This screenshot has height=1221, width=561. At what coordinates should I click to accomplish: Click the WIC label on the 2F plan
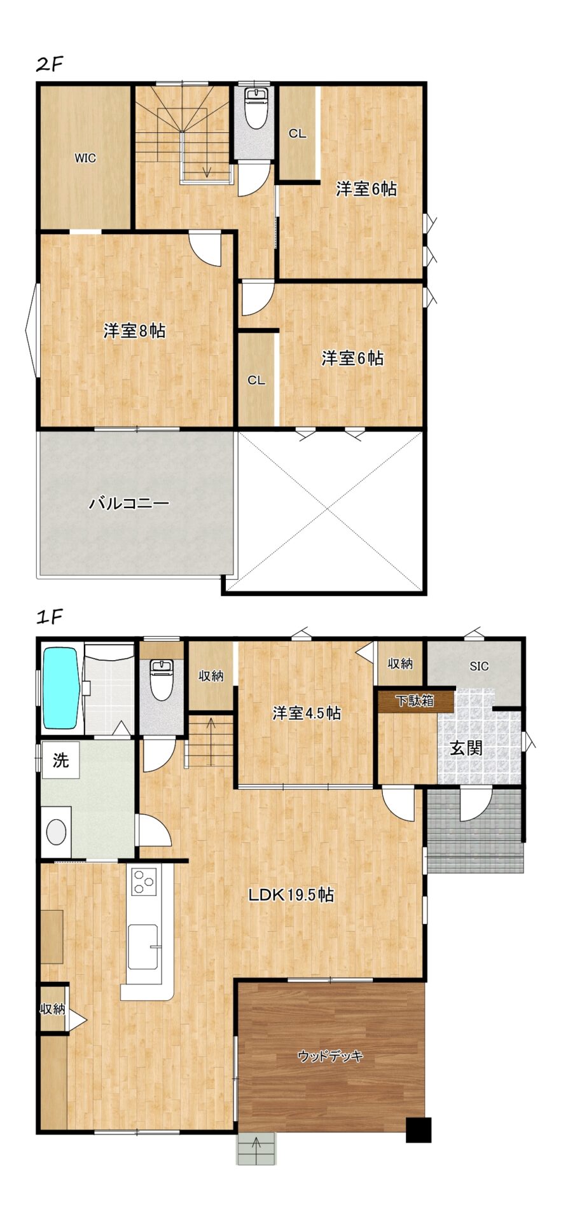(x=85, y=158)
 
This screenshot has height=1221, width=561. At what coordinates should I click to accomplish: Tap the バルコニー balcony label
(x=129, y=504)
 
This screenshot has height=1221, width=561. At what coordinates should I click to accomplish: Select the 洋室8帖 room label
(x=134, y=331)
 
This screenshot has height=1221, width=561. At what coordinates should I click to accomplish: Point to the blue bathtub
(x=60, y=689)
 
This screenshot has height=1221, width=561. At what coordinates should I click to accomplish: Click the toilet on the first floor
(x=162, y=680)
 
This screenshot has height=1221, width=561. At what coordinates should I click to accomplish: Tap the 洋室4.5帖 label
(x=307, y=713)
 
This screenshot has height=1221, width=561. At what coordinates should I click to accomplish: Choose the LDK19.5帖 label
(x=291, y=895)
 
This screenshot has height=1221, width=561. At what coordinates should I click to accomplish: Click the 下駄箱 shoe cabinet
(x=415, y=701)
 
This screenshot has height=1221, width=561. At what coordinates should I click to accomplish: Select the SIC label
(x=479, y=666)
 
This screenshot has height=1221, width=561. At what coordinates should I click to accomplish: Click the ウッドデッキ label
(x=330, y=1056)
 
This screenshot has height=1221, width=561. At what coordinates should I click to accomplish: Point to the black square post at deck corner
(x=419, y=1130)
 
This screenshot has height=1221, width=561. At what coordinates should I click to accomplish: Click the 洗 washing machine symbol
(x=60, y=760)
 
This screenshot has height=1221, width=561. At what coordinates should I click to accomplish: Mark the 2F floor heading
(x=50, y=65)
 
